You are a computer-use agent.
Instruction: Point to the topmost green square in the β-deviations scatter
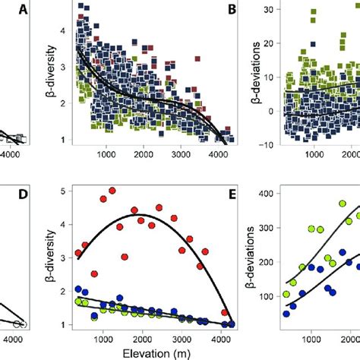point(312,13)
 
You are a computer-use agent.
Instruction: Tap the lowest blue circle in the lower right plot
point(286,313)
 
